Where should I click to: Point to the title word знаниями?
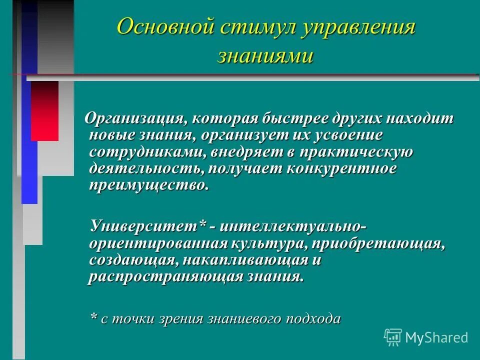(265, 55)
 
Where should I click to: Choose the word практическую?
(356, 151)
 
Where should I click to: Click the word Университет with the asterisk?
(148, 226)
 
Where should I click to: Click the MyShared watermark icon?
(393, 337)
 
